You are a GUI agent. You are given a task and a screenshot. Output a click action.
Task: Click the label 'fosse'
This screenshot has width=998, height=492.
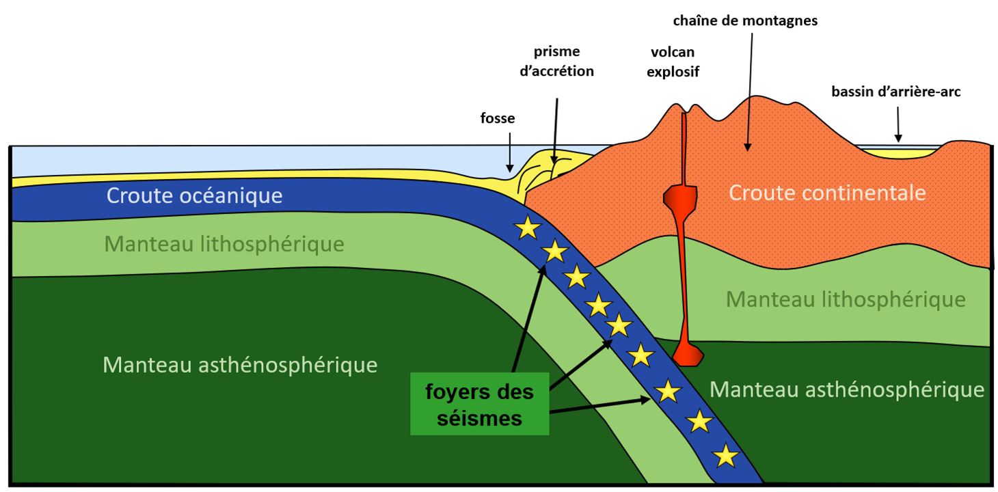(x=497, y=118)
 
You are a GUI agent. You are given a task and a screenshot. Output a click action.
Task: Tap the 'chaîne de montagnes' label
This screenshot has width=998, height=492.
(x=745, y=21)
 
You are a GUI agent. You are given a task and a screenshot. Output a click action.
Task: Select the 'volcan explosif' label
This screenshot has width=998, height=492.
(x=673, y=61)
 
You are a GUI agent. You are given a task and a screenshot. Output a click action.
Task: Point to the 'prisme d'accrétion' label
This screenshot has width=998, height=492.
(x=557, y=61)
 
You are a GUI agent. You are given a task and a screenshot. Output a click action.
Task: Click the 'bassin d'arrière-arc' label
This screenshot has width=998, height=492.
(x=896, y=92)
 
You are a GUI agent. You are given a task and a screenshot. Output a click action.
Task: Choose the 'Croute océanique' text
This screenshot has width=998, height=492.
(x=194, y=195)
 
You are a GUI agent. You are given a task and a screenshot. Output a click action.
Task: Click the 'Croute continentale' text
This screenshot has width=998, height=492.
(x=827, y=193)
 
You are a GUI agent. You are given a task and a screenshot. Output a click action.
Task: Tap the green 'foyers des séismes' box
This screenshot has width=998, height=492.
(x=479, y=404)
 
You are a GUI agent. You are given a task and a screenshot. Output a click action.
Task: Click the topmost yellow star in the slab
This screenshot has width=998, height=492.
(x=528, y=228)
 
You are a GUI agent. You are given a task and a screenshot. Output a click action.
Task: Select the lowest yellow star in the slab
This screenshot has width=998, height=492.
(x=725, y=456)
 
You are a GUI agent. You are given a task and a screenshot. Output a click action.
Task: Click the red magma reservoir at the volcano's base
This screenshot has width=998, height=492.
(x=688, y=354)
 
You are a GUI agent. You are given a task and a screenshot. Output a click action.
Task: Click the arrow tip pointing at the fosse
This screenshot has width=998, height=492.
(x=509, y=172)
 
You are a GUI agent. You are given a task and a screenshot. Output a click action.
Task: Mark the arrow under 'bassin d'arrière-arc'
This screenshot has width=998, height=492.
(x=898, y=124)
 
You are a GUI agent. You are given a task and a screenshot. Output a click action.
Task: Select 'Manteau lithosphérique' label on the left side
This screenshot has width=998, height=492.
(x=224, y=245)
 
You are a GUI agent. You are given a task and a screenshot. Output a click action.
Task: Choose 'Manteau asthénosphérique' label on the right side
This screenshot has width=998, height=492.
(x=847, y=389)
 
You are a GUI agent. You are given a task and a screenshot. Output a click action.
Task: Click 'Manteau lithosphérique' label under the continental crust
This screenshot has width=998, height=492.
(x=846, y=299)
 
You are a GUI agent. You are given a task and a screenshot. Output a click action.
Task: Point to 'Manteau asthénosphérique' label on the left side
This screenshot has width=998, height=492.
(x=240, y=365)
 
